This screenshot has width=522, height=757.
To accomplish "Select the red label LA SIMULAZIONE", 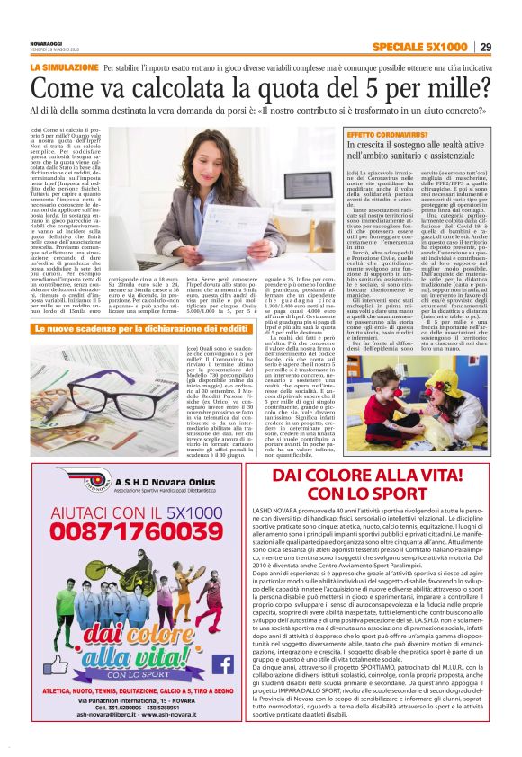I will [x=64, y=68].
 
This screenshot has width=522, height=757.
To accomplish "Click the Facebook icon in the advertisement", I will [x=223, y=663].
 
